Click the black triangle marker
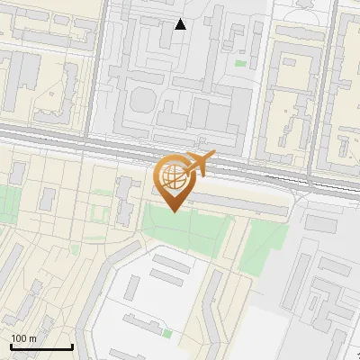click(181, 24)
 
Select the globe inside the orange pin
click(174, 175)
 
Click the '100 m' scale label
click(23, 338)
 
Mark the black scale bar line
click(41, 346)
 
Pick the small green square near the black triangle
click(240, 63)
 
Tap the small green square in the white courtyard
click(167, 334)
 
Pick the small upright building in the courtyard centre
click(132, 288)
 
